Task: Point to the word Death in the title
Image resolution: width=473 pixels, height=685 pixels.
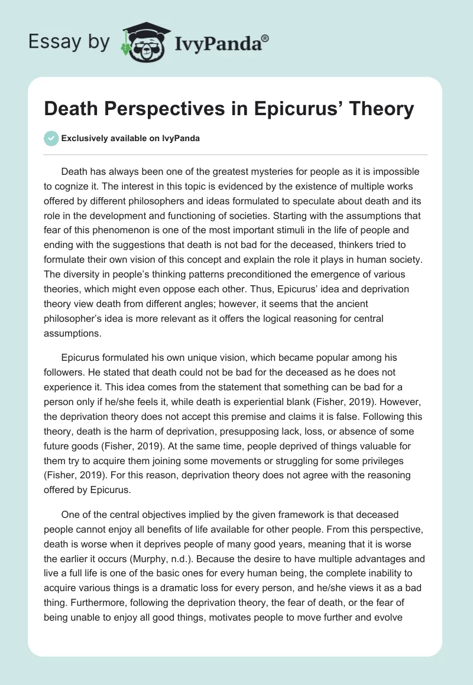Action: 72,110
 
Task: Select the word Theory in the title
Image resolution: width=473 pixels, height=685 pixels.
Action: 381,110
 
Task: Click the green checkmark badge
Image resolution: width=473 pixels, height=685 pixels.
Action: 51,138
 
